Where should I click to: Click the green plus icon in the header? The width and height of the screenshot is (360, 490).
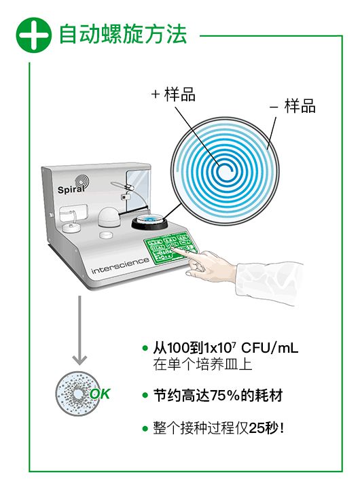point(34,35)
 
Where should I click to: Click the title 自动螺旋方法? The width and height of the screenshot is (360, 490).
point(123,34)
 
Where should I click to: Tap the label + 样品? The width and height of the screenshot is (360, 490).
point(173,94)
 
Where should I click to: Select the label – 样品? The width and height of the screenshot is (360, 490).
point(292,106)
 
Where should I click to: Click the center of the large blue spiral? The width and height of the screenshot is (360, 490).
point(225,171)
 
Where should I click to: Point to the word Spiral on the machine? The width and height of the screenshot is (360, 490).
point(71,189)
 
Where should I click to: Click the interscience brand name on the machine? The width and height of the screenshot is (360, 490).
point(120,265)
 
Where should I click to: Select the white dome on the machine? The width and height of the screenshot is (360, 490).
point(108,217)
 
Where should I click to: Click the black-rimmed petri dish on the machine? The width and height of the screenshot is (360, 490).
point(150,222)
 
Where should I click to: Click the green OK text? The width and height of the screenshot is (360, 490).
point(100,393)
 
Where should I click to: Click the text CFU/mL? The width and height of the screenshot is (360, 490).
point(270,347)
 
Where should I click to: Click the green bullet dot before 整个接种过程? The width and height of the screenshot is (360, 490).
point(145,428)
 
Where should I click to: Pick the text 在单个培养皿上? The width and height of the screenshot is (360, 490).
point(202,364)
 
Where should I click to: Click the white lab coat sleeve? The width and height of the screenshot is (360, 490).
point(268,282)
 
